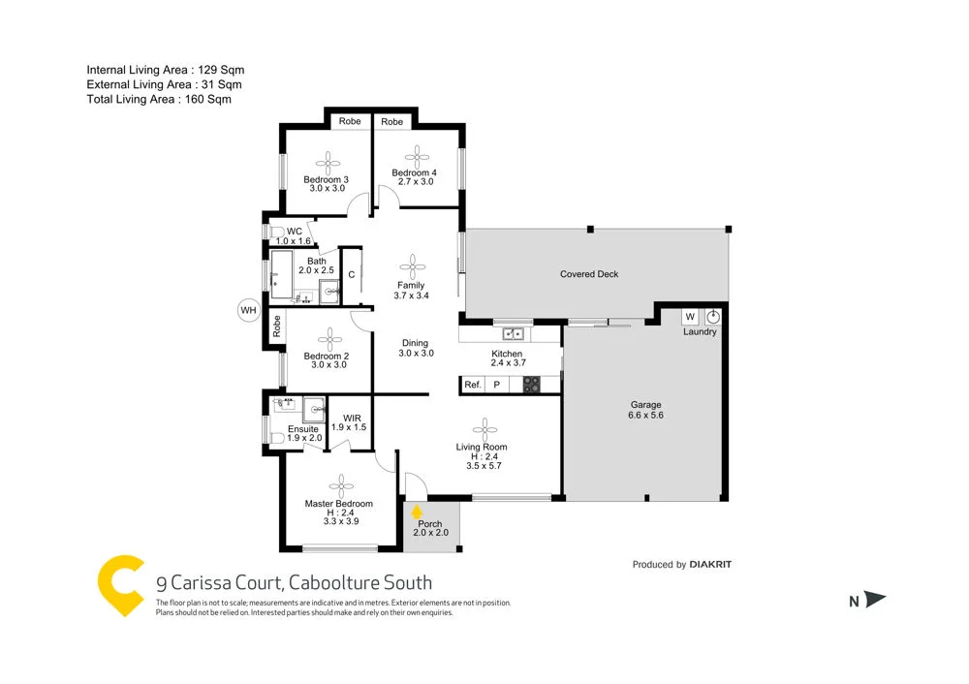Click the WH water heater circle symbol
pos(249,310)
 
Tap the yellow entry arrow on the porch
pos(417,511)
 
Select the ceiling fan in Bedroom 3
pos(327,162)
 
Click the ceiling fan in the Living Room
pos(483,428)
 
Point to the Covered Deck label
pos(589,274)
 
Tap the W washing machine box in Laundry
pos(690,317)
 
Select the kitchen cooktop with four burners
pos(531,385)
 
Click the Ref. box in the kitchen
pos(473,385)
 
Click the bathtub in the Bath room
pos(281,274)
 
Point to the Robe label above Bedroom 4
pos(391,122)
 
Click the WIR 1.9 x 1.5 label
pos(349,422)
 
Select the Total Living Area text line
pos(159,99)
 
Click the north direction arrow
pos(875,601)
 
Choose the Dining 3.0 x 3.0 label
pos(415,348)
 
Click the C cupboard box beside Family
pos(351,275)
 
